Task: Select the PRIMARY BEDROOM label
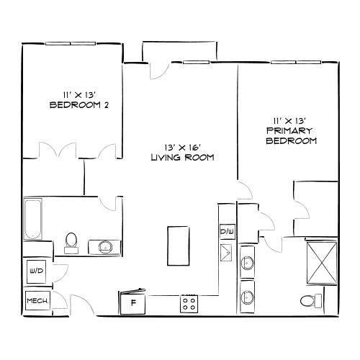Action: pyautogui.click(x=291, y=135)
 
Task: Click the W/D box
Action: pyautogui.click(x=35, y=271)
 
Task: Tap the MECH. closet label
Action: pyautogui.click(x=37, y=300)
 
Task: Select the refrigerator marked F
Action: pyautogui.click(x=133, y=302)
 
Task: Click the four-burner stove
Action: pyautogui.click(x=189, y=303)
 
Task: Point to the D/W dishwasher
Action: pyautogui.click(x=226, y=232)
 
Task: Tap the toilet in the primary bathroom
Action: pyautogui.click(x=309, y=301)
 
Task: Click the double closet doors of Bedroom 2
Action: pyautogui.click(x=79, y=152)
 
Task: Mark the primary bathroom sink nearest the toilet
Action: pyautogui.click(x=248, y=296)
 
